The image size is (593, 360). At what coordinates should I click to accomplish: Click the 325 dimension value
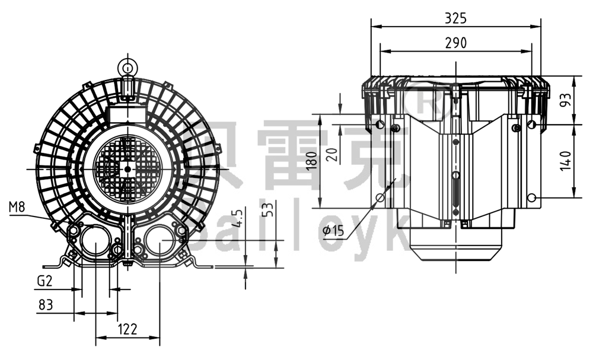(455, 18)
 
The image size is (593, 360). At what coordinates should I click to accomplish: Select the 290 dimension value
(455, 43)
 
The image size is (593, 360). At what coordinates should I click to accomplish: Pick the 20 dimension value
(333, 155)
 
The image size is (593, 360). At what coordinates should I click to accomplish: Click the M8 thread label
(17, 206)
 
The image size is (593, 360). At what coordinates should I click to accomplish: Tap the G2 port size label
(44, 281)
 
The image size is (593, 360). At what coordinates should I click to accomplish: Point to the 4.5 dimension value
(238, 218)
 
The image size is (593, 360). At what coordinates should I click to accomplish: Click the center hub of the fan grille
(127, 168)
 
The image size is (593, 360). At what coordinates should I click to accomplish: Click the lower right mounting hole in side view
(532, 197)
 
